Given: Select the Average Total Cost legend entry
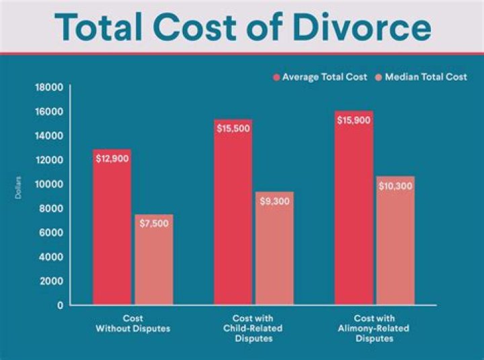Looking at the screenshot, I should pos(320,77).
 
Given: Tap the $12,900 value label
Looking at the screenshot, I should pos(112,159).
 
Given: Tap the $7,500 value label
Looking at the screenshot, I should pos(154,224).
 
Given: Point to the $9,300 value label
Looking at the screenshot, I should pos(274,201).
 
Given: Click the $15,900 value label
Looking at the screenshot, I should pos(354,121).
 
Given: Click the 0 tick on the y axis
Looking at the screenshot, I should pos(60,305).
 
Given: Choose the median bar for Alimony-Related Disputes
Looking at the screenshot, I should pos(395,242).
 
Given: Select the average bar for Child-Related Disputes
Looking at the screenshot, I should pos(233,215).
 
